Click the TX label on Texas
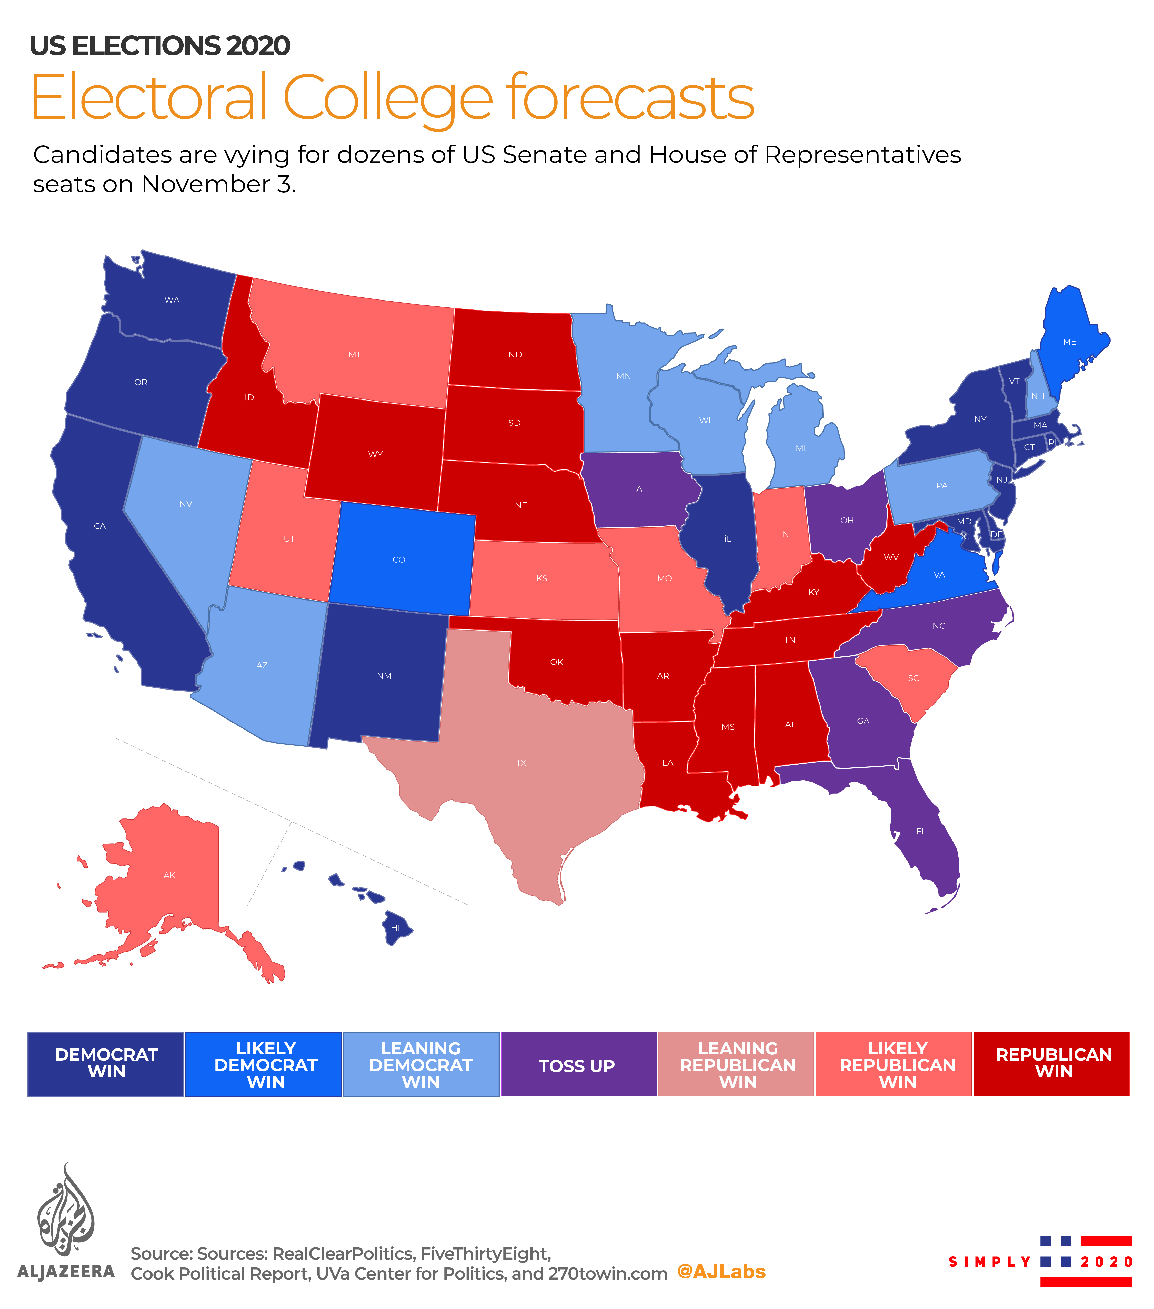521,763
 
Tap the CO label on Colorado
398,560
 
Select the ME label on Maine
1069,342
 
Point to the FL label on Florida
921,831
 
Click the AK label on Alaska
169,875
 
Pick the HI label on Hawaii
395,927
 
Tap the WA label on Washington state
172,300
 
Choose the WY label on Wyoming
375,454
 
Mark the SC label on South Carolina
913,678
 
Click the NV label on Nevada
186,504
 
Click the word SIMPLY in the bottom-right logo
989,1262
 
